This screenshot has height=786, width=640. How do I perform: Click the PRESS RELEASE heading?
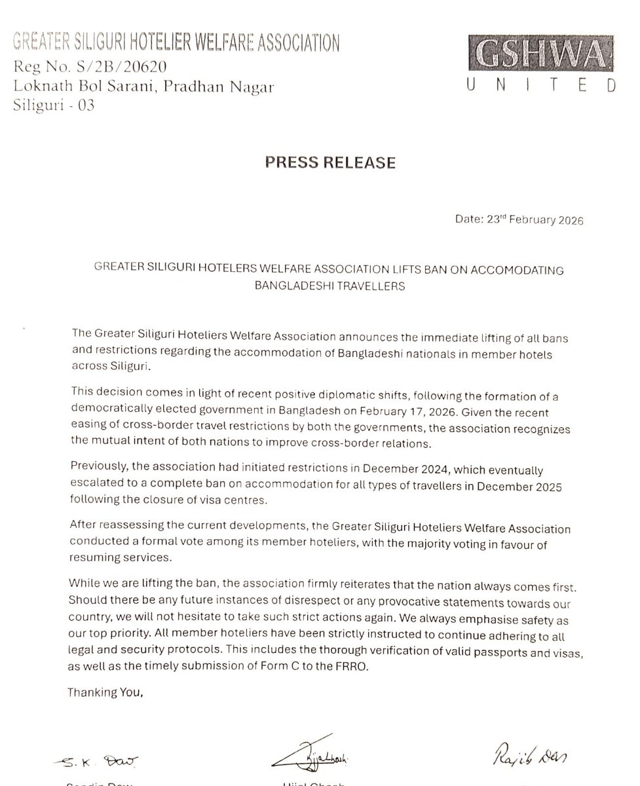click(x=330, y=162)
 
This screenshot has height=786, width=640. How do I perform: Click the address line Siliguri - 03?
click(x=54, y=105)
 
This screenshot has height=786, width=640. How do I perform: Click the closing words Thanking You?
click(x=105, y=690)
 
